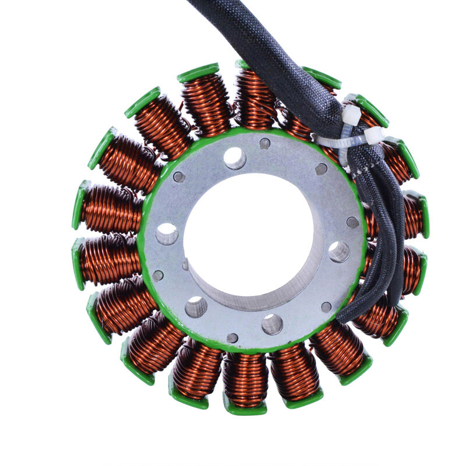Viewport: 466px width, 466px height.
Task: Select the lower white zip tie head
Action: [x=372, y=135]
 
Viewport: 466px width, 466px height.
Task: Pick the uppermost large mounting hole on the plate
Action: [x=235, y=158]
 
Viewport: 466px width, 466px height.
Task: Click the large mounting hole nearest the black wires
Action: [x=339, y=252]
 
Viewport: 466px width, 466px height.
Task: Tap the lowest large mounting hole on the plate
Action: [x=271, y=324]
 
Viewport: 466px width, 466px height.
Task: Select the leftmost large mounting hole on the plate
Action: [x=167, y=234]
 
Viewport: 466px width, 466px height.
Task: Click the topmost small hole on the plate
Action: [x=264, y=143]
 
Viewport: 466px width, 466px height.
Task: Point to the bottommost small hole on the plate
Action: [x=232, y=338]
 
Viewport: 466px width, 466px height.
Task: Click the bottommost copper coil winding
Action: [x=245, y=379]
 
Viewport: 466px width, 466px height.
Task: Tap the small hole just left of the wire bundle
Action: [x=321, y=170]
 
